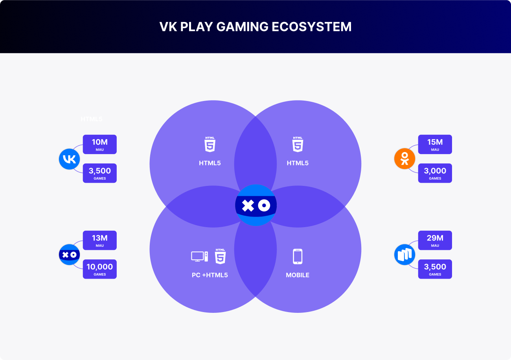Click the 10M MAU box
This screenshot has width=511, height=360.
pyautogui.click(x=99, y=144)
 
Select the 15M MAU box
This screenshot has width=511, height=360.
pyautogui.click(x=435, y=144)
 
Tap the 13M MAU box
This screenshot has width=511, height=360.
pyautogui.click(x=99, y=240)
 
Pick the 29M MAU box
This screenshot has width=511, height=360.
pyautogui.click(x=435, y=240)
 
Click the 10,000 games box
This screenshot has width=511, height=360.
pyautogui.click(x=99, y=269)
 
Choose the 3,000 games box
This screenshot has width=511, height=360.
pyautogui.click(x=435, y=173)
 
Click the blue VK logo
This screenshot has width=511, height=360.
pyautogui.click(x=69, y=159)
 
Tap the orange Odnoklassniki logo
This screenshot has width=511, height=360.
pyautogui.click(x=404, y=159)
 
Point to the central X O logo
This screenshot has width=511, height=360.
pyautogui.click(x=256, y=205)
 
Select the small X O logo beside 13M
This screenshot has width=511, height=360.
pyautogui.click(x=69, y=255)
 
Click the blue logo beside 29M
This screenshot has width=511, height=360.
pyautogui.click(x=404, y=255)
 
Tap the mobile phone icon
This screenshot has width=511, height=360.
pyautogui.click(x=298, y=256)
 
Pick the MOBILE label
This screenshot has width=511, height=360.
pyautogui.click(x=298, y=275)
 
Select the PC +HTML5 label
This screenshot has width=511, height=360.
pyautogui.click(x=210, y=275)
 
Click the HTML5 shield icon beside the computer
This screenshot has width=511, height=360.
pyautogui.click(x=221, y=256)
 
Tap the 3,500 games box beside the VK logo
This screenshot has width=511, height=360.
pyautogui.click(x=99, y=173)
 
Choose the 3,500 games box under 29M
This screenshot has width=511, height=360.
pyautogui.click(x=435, y=269)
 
